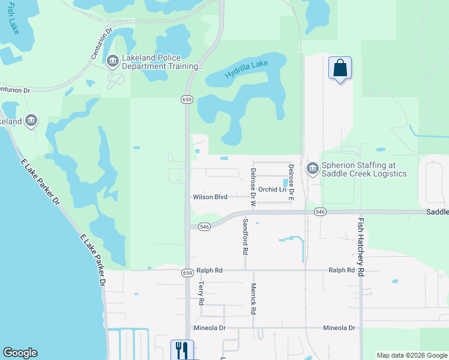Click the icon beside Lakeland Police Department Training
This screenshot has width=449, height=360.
tap(112, 61)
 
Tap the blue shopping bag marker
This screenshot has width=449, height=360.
tap(340, 68)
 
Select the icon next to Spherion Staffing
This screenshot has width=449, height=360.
tap(312, 169)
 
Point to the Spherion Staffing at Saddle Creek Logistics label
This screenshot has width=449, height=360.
tap(364, 169)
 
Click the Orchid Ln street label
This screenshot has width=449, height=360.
tap(273, 190)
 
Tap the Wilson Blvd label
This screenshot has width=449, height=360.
tap(210, 197)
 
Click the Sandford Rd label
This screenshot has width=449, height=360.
tap(245, 236)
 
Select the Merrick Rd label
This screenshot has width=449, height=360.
tap(254, 299)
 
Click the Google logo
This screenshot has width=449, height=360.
tap(20, 353)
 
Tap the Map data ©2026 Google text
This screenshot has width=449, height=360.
tap(412, 355)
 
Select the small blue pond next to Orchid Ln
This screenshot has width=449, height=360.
tap(285, 182)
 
